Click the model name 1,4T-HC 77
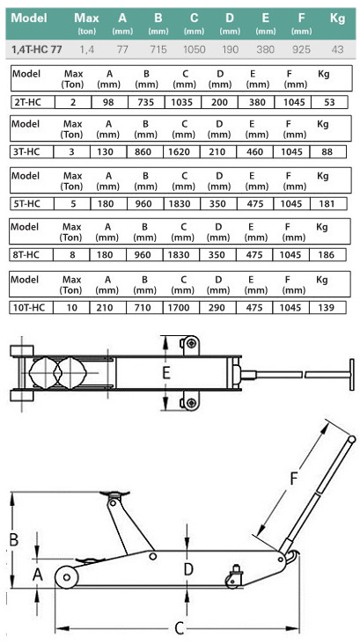[37, 49]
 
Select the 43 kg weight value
[337, 49]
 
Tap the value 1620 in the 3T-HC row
[180, 152]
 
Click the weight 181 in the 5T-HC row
[327, 204]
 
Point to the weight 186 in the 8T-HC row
[327, 254]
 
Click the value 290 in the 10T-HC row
[217, 307]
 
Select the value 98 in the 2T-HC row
[109, 102]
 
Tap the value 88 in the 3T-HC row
[327, 152]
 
